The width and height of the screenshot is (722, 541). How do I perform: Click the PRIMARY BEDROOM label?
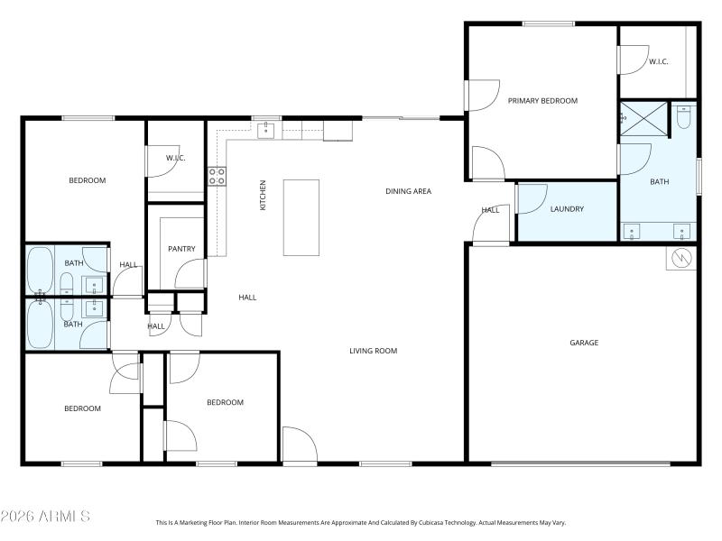click(x=541, y=101)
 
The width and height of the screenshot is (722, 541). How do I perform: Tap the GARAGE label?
click(x=584, y=343)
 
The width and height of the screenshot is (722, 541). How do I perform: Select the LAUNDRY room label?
click(x=567, y=209)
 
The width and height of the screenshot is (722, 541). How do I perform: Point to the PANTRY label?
click(x=182, y=249)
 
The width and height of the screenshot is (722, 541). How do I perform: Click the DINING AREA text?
click(x=408, y=191)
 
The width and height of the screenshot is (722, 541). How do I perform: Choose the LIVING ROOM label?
click(x=374, y=351)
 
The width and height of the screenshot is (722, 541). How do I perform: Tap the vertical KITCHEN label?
click(x=264, y=196)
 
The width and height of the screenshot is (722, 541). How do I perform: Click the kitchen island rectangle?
click(x=301, y=217)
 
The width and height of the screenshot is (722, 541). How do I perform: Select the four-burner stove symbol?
click(x=218, y=176)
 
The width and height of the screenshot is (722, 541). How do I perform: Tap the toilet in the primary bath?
click(x=684, y=117)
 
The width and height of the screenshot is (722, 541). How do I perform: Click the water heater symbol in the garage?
click(x=680, y=260)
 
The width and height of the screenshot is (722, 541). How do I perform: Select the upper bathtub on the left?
click(x=41, y=269)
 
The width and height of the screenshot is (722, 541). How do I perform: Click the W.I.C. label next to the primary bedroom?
click(x=658, y=62)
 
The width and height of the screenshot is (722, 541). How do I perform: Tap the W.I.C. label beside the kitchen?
click(x=175, y=159)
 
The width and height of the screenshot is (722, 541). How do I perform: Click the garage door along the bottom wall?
click(x=581, y=463)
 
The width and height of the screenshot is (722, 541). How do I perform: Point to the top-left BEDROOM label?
click(x=88, y=180)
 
